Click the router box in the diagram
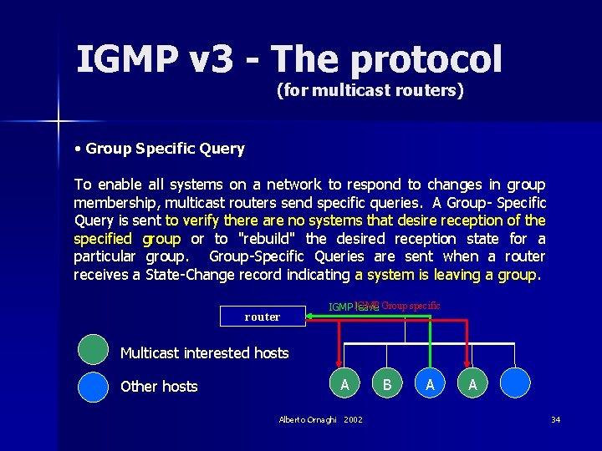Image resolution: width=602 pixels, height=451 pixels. click(x=263, y=317)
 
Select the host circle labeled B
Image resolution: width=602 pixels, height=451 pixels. click(x=386, y=384)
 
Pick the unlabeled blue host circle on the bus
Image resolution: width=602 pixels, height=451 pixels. click(x=516, y=384)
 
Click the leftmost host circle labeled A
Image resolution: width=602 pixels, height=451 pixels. click(x=344, y=384)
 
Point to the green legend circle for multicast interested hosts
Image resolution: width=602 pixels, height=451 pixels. click(x=93, y=349)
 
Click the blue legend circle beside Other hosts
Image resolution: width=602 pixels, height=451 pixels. click(x=93, y=386)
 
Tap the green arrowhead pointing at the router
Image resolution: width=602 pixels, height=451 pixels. click(x=311, y=317)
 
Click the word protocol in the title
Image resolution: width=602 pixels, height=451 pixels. click(x=426, y=59)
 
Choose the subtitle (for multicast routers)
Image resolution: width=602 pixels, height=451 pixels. click(x=370, y=90)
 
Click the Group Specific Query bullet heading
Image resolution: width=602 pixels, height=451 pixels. click(x=165, y=149)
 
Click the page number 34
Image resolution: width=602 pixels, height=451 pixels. click(x=555, y=419)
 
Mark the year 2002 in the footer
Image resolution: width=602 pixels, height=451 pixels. click(x=353, y=419)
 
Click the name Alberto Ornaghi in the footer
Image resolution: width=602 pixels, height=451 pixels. click(x=309, y=419)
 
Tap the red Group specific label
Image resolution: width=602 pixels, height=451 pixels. click(x=411, y=306)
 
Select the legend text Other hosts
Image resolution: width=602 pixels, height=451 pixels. click(x=159, y=386)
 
